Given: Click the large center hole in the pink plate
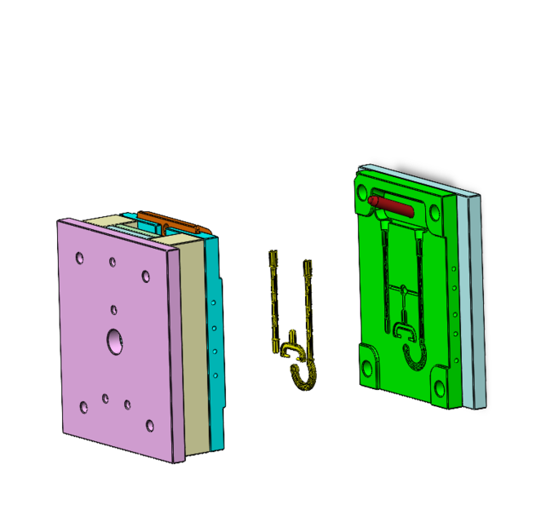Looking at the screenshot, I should click(x=115, y=340).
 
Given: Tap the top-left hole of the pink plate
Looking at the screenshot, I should click(x=79, y=259).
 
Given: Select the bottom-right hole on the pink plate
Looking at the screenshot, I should click(x=149, y=426).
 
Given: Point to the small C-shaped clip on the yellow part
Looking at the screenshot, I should click(x=293, y=349).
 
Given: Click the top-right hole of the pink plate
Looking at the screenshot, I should click(x=145, y=276).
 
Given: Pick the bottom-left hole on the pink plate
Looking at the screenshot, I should click(x=84, y=406).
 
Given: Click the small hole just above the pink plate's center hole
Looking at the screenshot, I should click(x=113, y=310).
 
